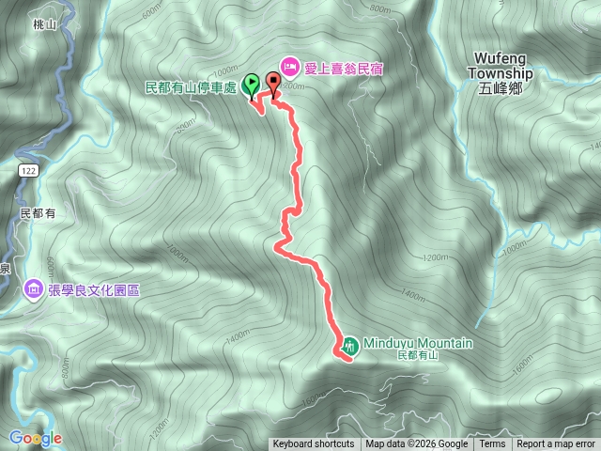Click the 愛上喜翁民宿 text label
click(344, 68)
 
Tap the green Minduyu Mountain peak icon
click(348, 344)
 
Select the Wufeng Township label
click(500, 65)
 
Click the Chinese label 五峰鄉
click(498, 89)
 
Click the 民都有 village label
click(39, 213)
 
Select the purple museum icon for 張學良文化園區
click(34, 288)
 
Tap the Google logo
click(35, 438)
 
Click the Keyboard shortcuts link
click(314, 444)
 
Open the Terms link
click(492, 444)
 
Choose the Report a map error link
click(555, 444)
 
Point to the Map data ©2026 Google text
click(416, 444)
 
